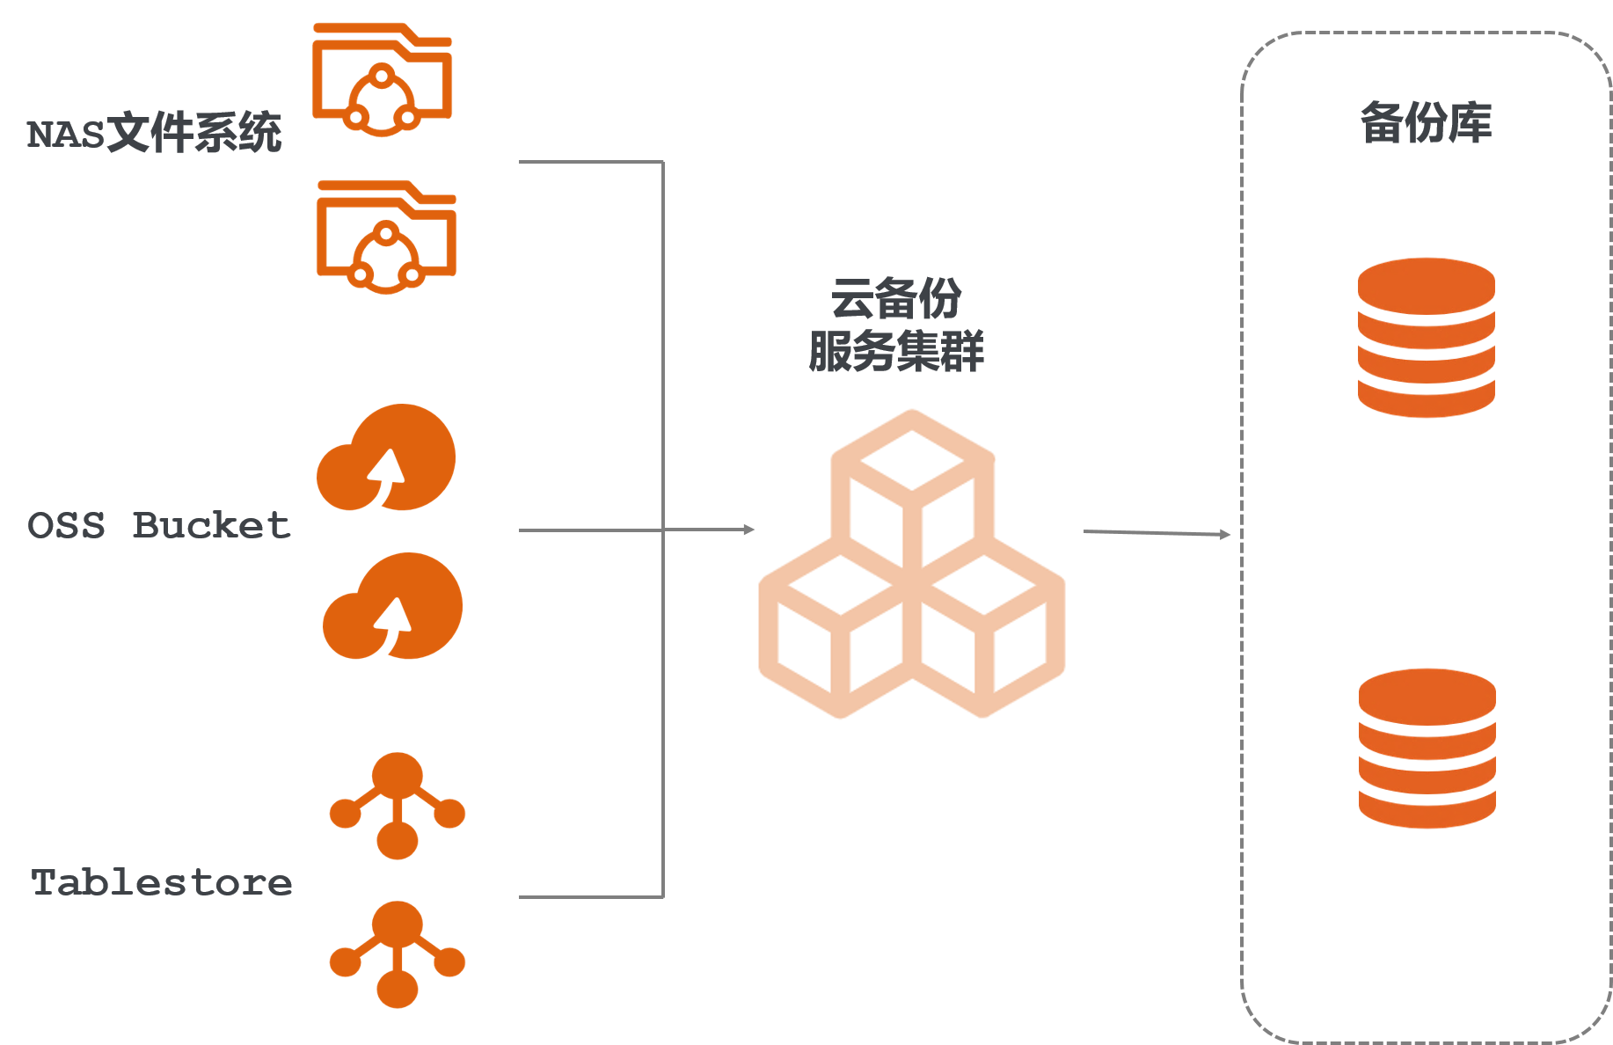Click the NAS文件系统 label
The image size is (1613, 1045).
pyautogui.click(x=154, y=134)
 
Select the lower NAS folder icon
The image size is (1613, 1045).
pyautogui.click(x=386, y=237)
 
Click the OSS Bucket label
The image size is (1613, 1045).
pyautogui.click(x=158, y=526)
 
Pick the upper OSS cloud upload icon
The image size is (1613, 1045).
pyautogui.click(x=386, y=458)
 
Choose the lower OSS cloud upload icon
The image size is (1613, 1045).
pyautogui.click(x=392, y=607)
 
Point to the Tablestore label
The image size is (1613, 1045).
pyautogui.click(x=161, y=883)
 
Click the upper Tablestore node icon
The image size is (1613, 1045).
pyautogui.click(x=397, y=805)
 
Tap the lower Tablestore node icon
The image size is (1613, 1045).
pyautogui.click(x=397, y=954)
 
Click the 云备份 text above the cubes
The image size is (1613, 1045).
pyautogui.click(x=895, y=298)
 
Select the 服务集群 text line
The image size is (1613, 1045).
pyautogui.click(x=895, y=351)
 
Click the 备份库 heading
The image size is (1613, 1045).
pyautogui.click(x=1426, y=123)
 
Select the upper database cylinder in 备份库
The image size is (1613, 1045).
pyautogui.click(x=1426, y=337)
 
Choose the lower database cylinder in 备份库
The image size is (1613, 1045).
pyautogui.click(x=1427, y=748)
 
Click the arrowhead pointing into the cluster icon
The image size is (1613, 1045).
pyautogui.click(x=748, y=530)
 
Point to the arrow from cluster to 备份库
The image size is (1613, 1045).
pyautogui.click(x=1156, y=533)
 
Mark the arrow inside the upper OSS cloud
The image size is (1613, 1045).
pyautogui.click(x=386, y=472)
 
